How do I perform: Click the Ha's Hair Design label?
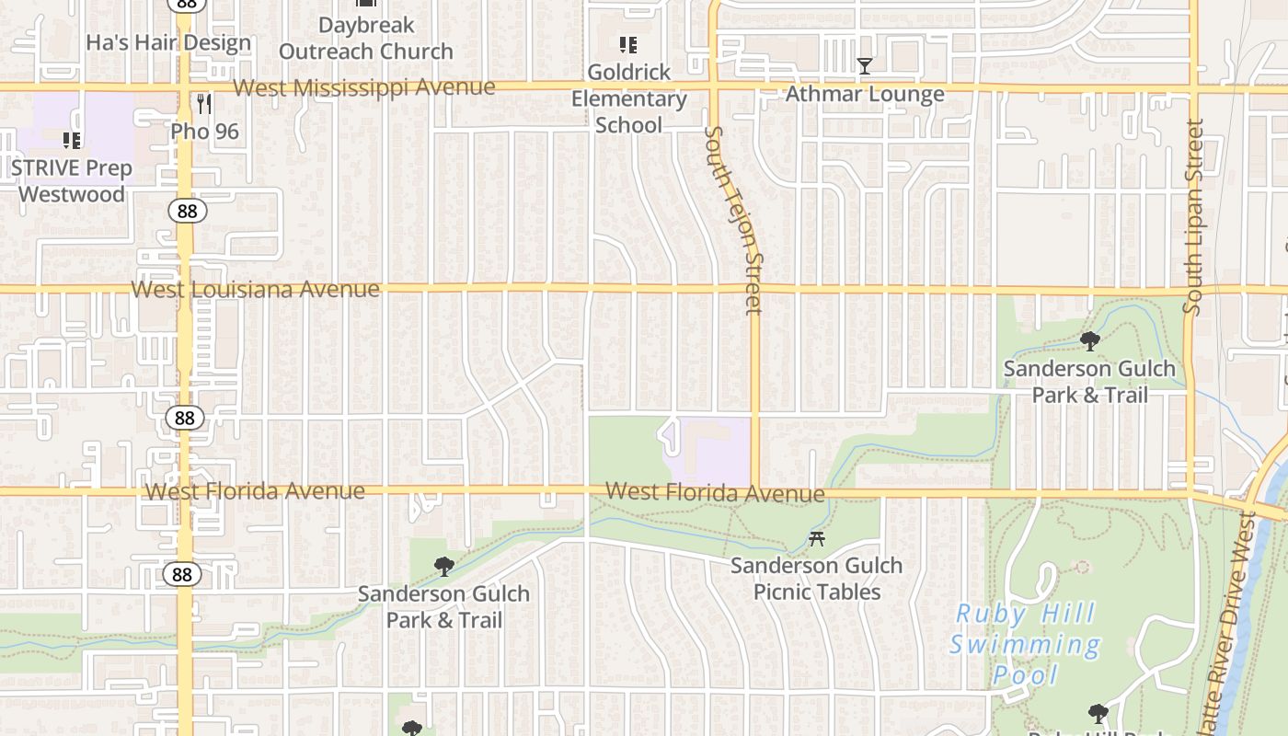168,42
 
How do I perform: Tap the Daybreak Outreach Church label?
366,39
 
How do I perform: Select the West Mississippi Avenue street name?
364,87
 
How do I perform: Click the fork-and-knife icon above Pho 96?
204,104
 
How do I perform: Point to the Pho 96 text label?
204,132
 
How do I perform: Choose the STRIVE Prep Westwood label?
72,181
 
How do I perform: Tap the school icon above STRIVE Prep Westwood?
72,141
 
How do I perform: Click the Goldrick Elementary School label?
629,98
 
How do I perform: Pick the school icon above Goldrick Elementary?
628,44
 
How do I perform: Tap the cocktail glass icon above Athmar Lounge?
864,65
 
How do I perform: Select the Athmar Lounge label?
864,94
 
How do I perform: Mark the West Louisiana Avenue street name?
255,289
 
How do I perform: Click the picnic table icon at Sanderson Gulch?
816,539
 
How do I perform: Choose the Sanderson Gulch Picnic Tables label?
816,579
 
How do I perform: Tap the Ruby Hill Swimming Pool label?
1025,644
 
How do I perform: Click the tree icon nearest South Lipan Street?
1090,341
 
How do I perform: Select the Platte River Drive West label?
1233,626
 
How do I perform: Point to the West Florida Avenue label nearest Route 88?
255,491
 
